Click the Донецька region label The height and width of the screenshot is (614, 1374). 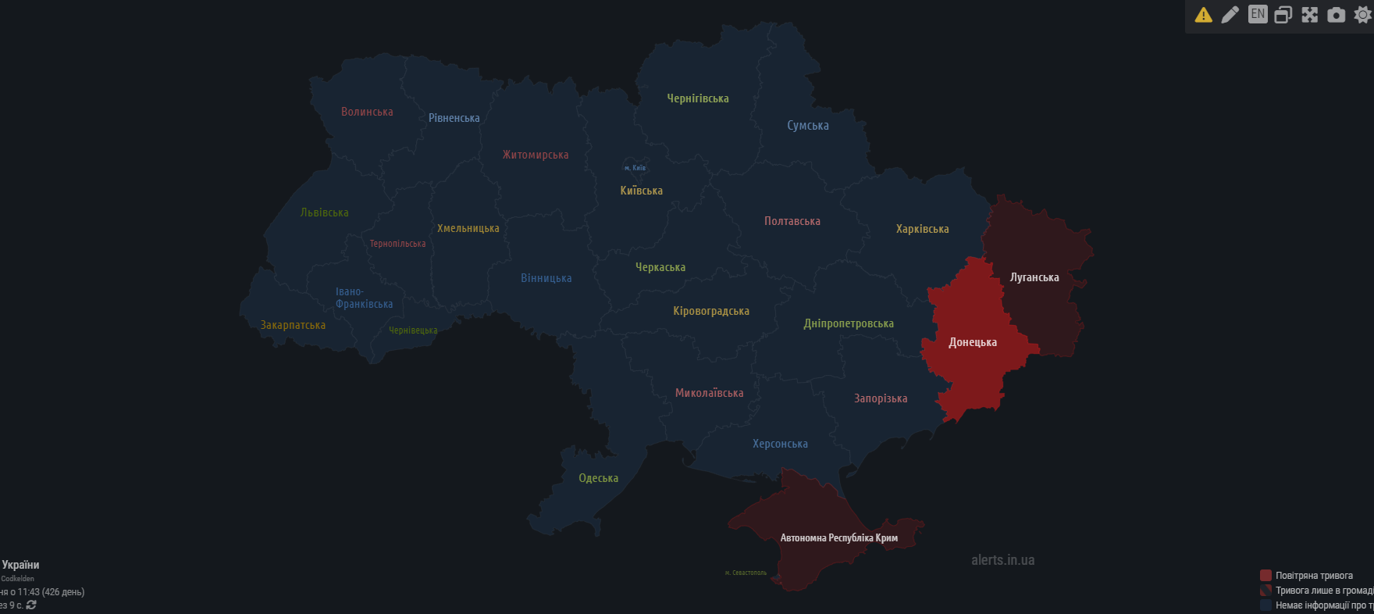pos(972,342)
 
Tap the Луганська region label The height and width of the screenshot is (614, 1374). pos(1034,277)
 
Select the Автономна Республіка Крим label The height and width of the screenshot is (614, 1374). pos(838,537)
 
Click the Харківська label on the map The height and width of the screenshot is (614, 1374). pos(922,229)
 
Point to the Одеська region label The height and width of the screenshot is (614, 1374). pos(598,478)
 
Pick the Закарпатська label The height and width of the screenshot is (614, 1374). pos(293,325)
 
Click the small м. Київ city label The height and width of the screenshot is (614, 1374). pos(635,168)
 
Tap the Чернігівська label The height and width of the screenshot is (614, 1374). pos(697,98)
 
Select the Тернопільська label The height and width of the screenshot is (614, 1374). pos(397,244)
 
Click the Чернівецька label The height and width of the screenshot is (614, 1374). pos(413,330)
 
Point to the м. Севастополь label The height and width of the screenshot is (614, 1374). pos(746,573)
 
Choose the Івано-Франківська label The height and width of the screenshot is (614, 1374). pos(364,298)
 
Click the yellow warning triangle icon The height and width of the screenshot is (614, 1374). pos(1203,15)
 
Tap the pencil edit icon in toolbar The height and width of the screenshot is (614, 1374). pos(1230,15)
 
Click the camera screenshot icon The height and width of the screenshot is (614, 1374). pos(1336,15)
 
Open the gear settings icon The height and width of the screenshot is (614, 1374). pos(1362,15)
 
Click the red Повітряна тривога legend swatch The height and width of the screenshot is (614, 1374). pos(1265,576)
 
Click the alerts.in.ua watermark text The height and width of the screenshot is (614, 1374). pos(1002,560)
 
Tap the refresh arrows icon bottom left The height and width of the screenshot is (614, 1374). pos(31,605)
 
